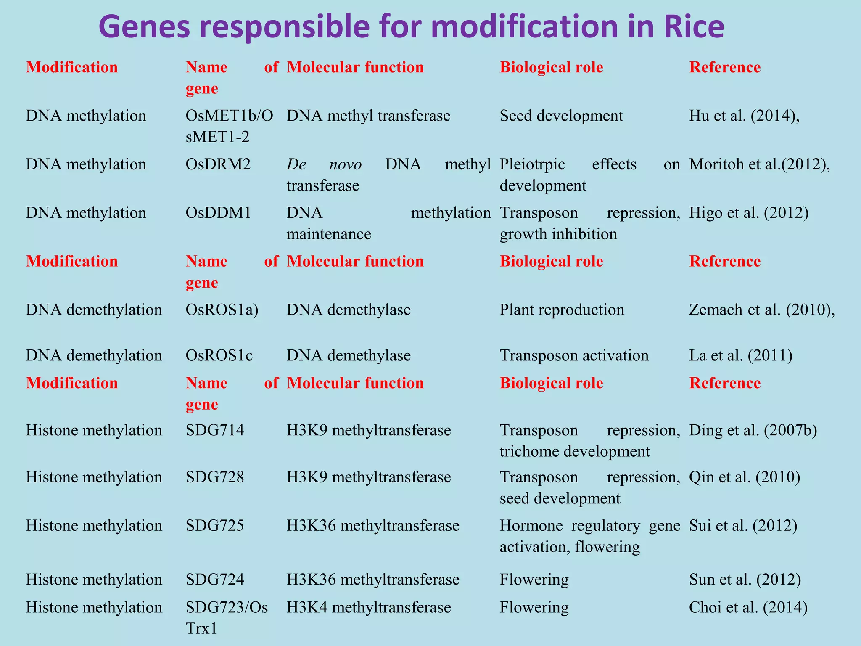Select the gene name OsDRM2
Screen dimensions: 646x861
tap(218, 164)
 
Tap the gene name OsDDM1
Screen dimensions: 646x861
tap(218, 213)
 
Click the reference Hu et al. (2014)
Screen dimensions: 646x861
tap(744, 116)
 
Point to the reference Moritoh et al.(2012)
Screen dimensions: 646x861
tap(759, 164)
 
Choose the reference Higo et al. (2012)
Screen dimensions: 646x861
tap(748, 213)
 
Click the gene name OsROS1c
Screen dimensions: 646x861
tap(219, 355)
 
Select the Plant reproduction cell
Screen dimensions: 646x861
tap(562, 310)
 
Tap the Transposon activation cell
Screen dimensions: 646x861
tap(574, 355)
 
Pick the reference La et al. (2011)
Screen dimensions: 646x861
tap(740, 355)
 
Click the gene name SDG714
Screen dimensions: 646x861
tap(214, 430)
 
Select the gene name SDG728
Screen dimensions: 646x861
tap(214, 477)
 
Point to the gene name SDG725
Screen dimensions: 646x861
tap(214, 525)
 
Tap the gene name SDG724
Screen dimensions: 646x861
tap(214, 579)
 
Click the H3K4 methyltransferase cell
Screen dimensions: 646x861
tap(369, 607)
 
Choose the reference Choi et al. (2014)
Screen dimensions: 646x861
tap(748, 607)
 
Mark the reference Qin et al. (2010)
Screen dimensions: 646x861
tap(744, 477)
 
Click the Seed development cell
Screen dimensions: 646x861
tap(561, 116)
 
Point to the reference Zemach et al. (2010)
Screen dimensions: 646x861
tap(761, 310)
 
